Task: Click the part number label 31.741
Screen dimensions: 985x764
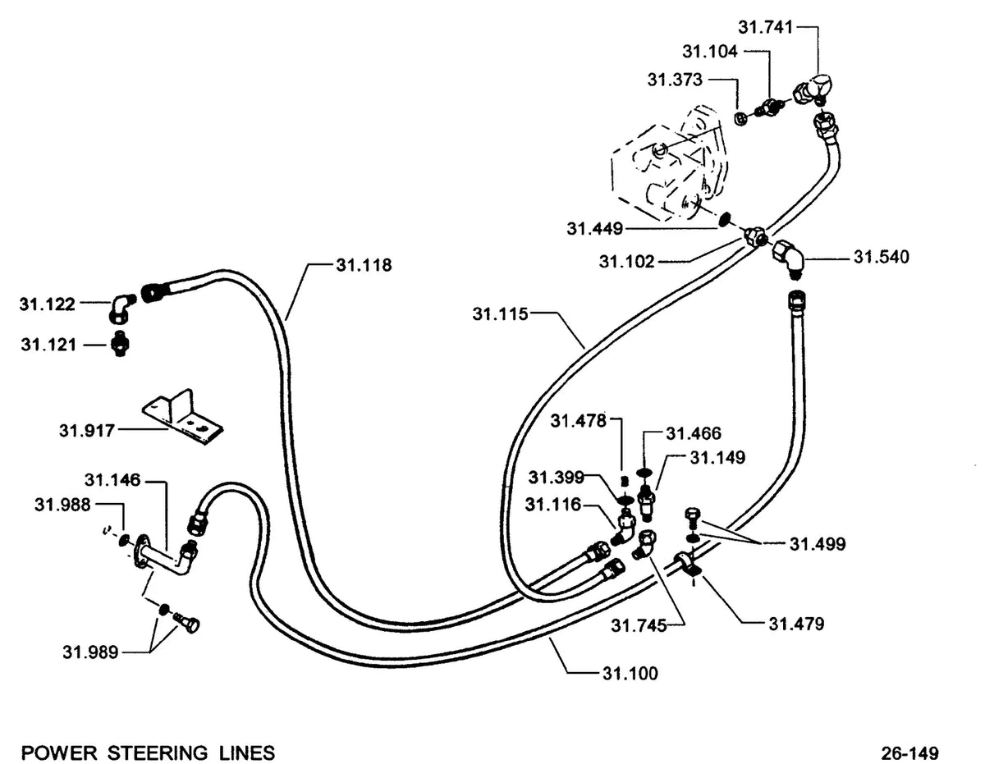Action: point(765,28)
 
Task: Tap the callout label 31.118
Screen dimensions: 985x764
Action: point(364,265)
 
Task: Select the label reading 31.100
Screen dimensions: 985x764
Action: point(630,674)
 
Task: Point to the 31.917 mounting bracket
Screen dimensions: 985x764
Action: point(183,418)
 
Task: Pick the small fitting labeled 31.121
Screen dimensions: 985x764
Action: point(120,345)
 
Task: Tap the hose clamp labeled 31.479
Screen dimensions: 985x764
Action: point(688,565)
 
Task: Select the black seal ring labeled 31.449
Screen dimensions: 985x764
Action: point(724,218)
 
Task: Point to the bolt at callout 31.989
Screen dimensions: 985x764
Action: point(186,623)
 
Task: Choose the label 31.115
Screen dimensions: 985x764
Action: point(500,313)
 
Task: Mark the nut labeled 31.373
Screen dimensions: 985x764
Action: point(740,119)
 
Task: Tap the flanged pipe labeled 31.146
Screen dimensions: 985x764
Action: point(166,558)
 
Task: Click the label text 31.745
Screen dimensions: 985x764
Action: point(639,626)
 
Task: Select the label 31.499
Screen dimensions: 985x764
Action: point(818,544)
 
